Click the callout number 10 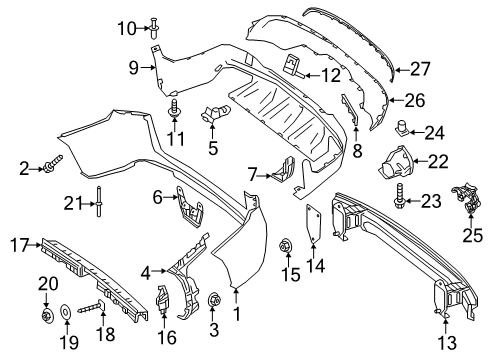(x=127, y=28)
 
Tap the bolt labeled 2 (x=53, y=162)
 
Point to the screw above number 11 (x=175, y=108)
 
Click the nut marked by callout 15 (x=285, y=246)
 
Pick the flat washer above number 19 (x=65, y=312)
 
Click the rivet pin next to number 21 (x=99, y=201)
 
